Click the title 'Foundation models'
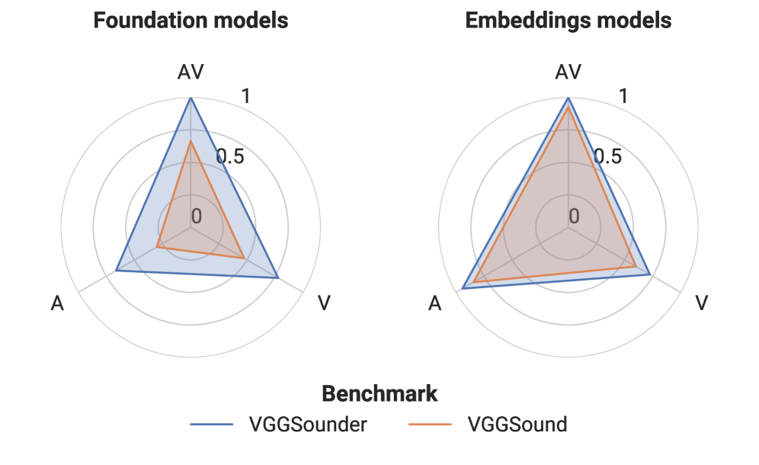coord(191,21)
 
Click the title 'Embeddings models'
coord(568,21)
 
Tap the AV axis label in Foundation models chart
coord(191,72)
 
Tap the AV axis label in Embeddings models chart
coord(568,72)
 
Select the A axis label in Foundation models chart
coord(57,303)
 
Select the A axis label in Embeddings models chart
coord(435,303)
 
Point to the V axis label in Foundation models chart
coord(324,303)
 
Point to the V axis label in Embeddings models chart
coord(702,303)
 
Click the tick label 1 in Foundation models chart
coord(245,97)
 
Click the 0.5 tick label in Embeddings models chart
coord(607,157)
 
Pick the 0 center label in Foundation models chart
coord(197,216)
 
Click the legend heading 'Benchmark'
coord(379,394)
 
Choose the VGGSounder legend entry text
coord(309,425)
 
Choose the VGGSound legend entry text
coord(517,425)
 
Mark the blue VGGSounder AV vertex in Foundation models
coord(191,98)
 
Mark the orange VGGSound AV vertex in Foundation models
coord(191,141)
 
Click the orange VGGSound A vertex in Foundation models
coord(157,246)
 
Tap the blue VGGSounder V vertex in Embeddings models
coord(649,274)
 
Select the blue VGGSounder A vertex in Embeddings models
coord(463,289)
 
